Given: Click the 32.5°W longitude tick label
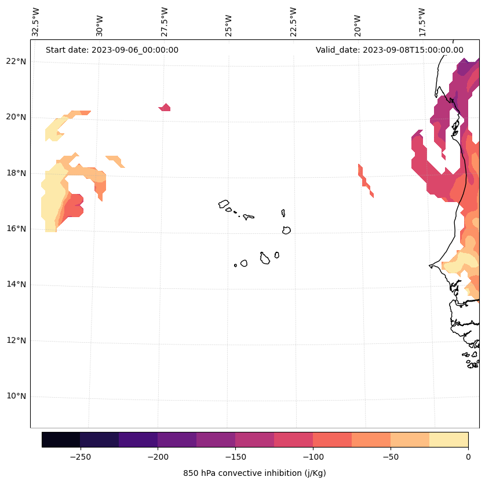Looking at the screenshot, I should (36, 22).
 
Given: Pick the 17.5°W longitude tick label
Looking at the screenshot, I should (422, 22).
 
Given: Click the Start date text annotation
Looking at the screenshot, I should (112, 50).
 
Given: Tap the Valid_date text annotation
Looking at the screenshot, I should (389, 50).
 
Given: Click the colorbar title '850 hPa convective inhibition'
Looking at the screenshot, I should (254, 473).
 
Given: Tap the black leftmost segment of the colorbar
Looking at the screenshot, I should (61, 439).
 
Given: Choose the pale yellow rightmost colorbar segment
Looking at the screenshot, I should (448, 439).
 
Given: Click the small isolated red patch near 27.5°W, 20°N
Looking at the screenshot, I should (165, 108).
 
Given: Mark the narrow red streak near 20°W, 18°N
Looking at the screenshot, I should (364, 180).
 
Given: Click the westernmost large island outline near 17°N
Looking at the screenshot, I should (224, 204).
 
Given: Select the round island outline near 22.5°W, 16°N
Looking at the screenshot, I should (286, 230).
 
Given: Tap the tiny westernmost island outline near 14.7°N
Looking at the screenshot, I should (235, 265).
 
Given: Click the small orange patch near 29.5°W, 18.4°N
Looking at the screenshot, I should (115, 160).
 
